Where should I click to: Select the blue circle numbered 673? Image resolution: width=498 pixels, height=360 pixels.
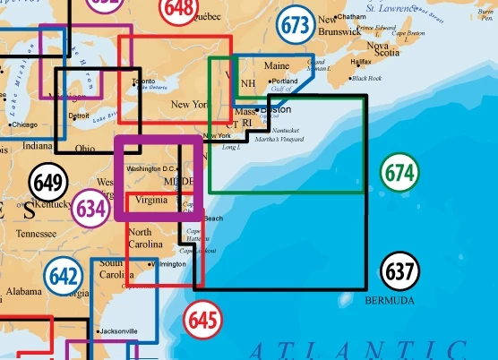(x=294, y=24)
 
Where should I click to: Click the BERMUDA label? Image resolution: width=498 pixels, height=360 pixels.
(x=390, y=301)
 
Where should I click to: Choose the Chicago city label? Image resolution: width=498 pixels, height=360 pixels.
(x=25, y=124)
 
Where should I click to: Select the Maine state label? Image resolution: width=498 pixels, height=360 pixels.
(x=277, y=65)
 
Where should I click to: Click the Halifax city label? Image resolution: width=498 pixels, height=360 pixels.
(x=360, y=62)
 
